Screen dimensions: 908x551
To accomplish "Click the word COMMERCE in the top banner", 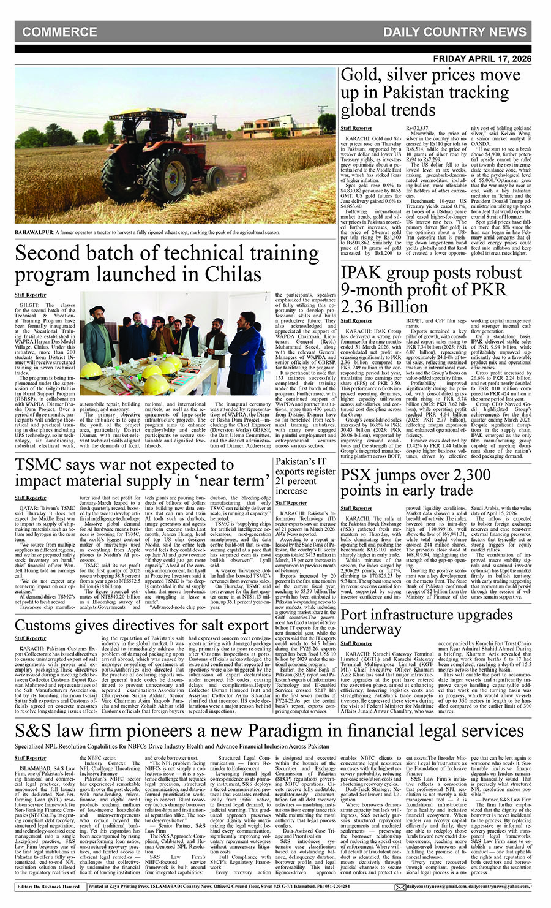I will pyautogui.click(x=59, y=32).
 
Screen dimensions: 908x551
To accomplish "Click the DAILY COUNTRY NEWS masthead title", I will pyautogui.click(x=454, y=32).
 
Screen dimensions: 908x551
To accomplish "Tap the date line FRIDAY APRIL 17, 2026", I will pyautogui.click(x=482, y=59).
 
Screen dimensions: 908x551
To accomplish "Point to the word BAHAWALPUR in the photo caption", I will pyautogui.click(x=34, y=233).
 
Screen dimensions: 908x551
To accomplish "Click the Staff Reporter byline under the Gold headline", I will pyautogui.click(x=356, y=128).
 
